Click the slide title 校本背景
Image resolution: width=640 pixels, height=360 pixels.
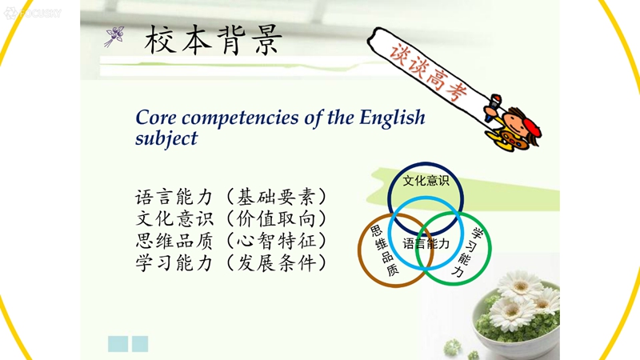tap(213, 40)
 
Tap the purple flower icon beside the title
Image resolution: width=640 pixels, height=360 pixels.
tap(114, 36)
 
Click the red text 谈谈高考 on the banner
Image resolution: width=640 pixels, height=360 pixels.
tap(428, 72)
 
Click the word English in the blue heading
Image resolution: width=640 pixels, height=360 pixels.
tap(392, 118)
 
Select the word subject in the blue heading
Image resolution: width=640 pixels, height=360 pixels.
tap(166, 138)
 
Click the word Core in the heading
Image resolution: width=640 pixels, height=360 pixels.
tap(156, 118)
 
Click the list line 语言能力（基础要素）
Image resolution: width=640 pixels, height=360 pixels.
tap(231, 197)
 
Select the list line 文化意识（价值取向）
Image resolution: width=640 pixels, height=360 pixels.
tap(231, 218)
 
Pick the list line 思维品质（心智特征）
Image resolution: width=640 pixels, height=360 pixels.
tap(231, 241)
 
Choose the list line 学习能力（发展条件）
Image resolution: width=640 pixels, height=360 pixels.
tap(231, 262)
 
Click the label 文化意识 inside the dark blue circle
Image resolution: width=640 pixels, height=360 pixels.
tap(426, 181)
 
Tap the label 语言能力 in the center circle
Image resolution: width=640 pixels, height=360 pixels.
tap(426, 244)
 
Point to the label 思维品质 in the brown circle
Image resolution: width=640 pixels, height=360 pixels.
tap(385, 250)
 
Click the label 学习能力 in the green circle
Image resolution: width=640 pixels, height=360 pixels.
tap(467, 253)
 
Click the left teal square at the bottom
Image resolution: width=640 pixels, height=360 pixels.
tap(118, 344)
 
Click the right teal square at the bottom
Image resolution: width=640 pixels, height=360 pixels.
tap(140, 344)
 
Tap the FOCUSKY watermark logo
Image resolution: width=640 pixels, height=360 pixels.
tap(33, 14)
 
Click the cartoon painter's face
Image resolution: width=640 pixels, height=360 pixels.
tap(514, 126)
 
